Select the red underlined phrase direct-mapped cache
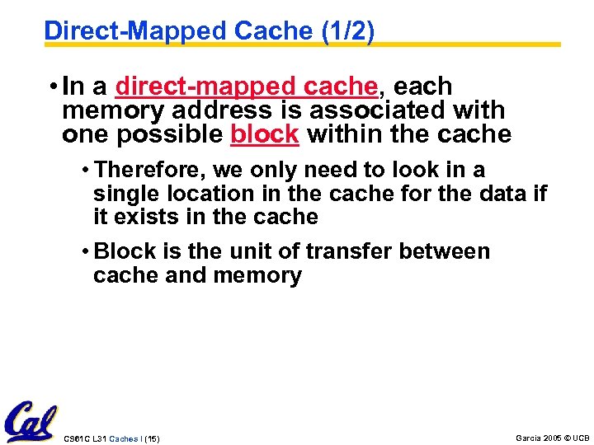pyautogui.click(x=247, y=86)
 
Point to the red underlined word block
pyautogui.click(x=264, y=134)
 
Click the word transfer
pyautogui.click(x=347, y=251)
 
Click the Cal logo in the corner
pyautogui.click(x=30, y=422)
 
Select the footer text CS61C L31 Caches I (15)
pyautogui.click(x=111, y=438)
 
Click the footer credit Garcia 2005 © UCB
pyautogui.click(x=552, y=438)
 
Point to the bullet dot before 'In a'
pyautogui.click(x=52, y=87)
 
